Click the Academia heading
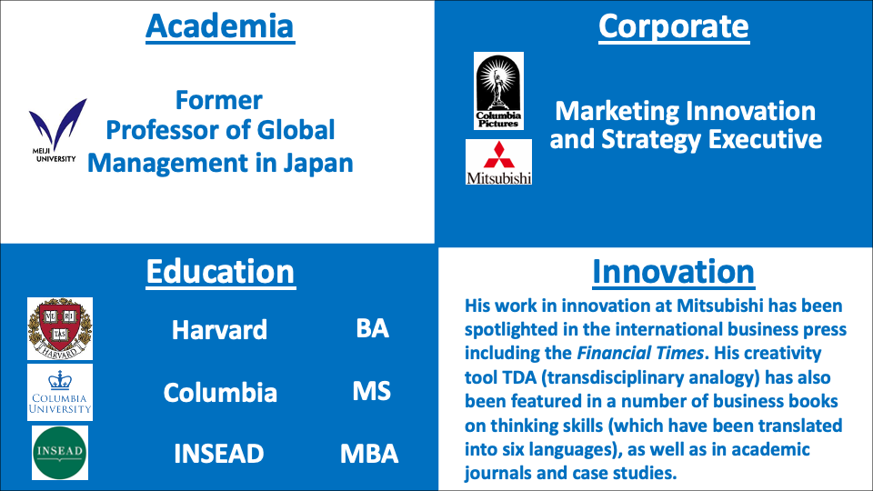pyautogui.click(x=220, y=26)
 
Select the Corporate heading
pyautogui.click(x=674, y=26)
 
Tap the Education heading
pyautogui.click(x=220, y=272)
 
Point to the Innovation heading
pyautogui.click(x=673, y=272)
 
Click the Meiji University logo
pyautogui.click(x=56, y=131)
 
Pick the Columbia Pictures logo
pyautogui.click(x=498, y=91)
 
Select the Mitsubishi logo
pyautogui.click(x=499, y=162)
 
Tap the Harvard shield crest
pyautogui.click(x=60, y=328)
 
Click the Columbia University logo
pyautogui.click(x=60, y=393)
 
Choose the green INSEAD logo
pyautogui.click(x=60, y=453)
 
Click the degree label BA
pyautogui.click(x=373, y=328)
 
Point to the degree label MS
pyautogui.click(x=371, y=391)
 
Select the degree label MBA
pyautogui.click(x=369, y=454)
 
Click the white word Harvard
pyautogui.click(x=219, y=329)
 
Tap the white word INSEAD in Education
pyautogui.click(x=219, y=454)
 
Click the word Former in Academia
pyautogui.click(x=219, y=100)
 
